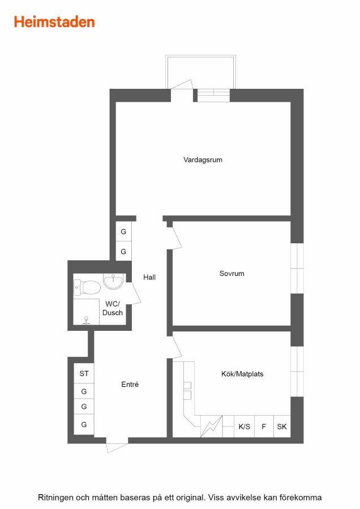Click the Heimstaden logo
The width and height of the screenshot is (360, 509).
(54, 22)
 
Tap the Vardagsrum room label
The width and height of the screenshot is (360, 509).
(203, 159)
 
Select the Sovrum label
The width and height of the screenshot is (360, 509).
(232, 273)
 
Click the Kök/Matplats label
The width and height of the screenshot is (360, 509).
(242, 374)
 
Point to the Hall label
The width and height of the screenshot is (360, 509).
(149, 277)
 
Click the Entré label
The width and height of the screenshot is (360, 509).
(130, 385)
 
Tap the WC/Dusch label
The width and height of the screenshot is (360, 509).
(113, 308)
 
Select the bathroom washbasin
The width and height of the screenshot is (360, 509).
(113, 281)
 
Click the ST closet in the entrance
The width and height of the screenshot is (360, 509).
(84, 373)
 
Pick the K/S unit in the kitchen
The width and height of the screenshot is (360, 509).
(244, 426)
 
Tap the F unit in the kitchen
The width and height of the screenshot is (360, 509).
(264, 426)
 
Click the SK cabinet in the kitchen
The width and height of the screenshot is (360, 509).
(282, 426)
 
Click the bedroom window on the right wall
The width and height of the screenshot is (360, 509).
(297, 268)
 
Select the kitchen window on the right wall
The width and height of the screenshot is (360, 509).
(297, 372)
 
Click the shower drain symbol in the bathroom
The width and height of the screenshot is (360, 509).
(86, 321)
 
